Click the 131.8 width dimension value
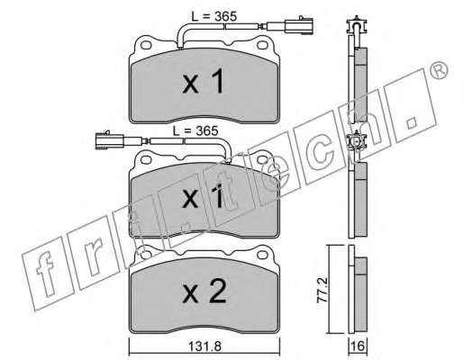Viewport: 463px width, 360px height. click(x=204, y=346)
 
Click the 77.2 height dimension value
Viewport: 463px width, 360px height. click(x=322, y=290)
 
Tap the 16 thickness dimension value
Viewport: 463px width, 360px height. click(x=358, y=346)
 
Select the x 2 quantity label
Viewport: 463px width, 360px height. click(x=204, y=291)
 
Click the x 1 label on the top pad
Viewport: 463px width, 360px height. click(x=204, y=81)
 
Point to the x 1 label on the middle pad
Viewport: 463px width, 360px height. click(x=204, y=196)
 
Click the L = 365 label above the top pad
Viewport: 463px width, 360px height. click(x=214, y=16)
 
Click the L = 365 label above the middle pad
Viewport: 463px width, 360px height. click(x=195, y=130)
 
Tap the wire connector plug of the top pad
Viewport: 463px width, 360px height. click(x=298, y=24)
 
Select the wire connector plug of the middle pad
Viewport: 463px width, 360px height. click(x=109, y=139)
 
